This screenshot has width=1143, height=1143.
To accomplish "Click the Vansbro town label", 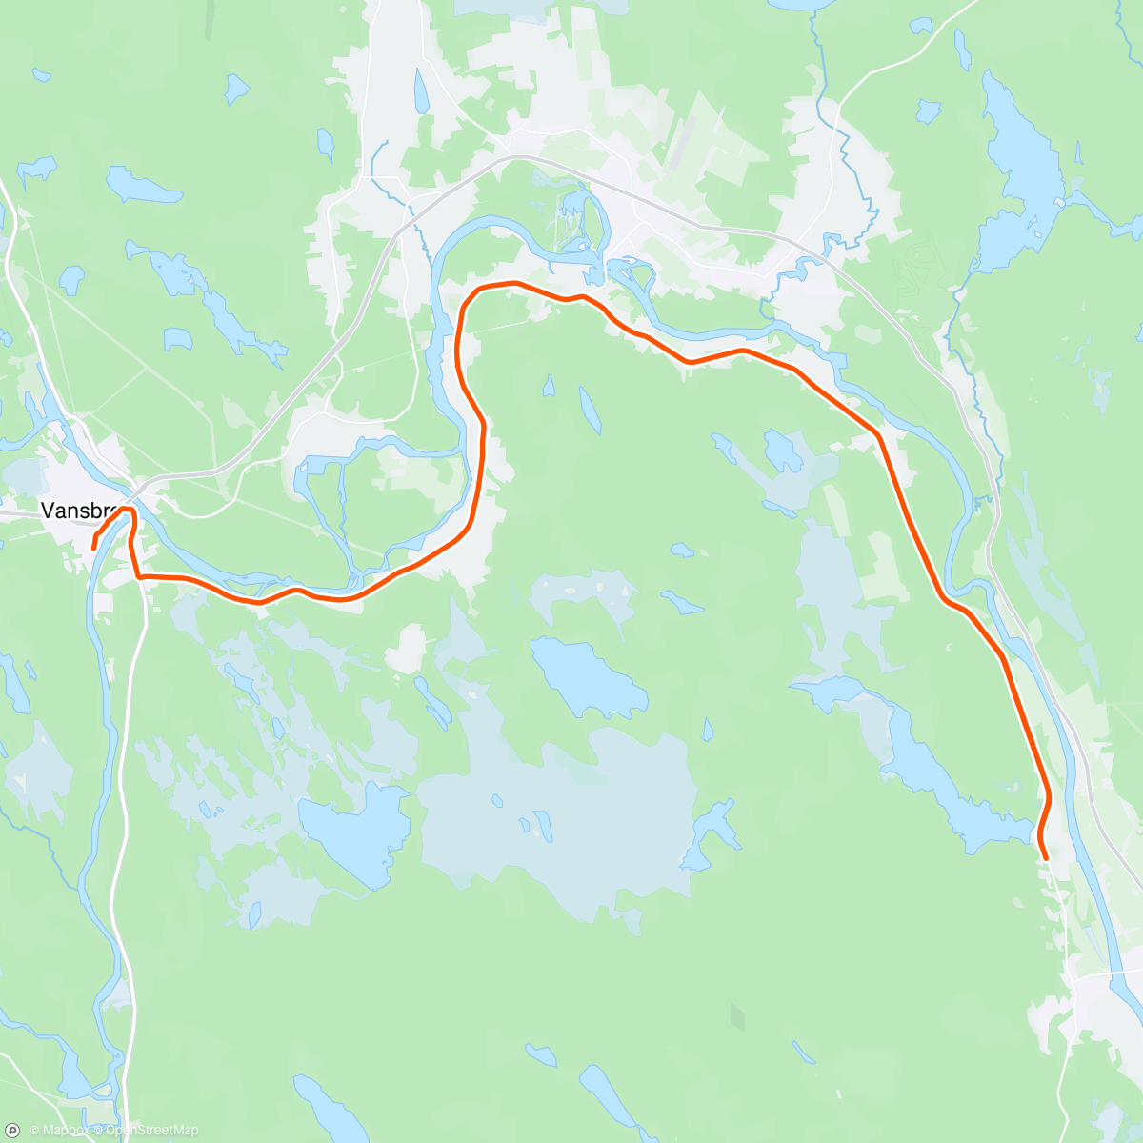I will [x=78, y=511].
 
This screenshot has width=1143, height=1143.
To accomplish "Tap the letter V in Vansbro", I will [x=47, y=511].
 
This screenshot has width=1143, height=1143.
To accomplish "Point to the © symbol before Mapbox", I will [x=35, y=1131].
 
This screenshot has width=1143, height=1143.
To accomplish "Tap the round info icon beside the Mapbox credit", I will [x=12, y=1130].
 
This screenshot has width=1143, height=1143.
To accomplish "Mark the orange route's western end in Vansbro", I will [x=93, y=547].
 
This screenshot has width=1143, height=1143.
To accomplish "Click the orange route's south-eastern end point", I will [x=1046, y=858].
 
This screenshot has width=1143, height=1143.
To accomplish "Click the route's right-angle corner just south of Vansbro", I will [x=140, y=576].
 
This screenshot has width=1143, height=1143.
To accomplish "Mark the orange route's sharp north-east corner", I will [x=877, y=435].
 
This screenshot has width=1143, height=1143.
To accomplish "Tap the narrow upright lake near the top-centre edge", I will [x=420, y=90].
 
